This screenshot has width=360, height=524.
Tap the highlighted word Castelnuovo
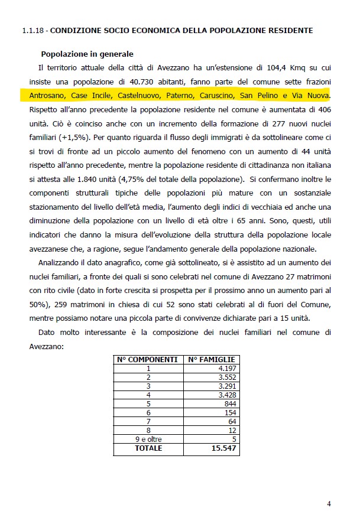pyautogui.click(x=138, y=95)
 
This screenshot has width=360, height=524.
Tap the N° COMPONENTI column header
pyautogui.click(x=148, y=359)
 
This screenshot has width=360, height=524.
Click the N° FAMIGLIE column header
pyautogui.click(x=212, y=359)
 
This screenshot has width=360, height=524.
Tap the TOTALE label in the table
pyautogui.click(x=148, y=448)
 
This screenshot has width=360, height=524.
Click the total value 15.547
pyautogui.click(x=224, y=448)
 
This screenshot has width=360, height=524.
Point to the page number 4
pyautogui.click(x=329, y=503)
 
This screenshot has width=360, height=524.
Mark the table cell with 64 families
pyautogui.click(x=231, y=421)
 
